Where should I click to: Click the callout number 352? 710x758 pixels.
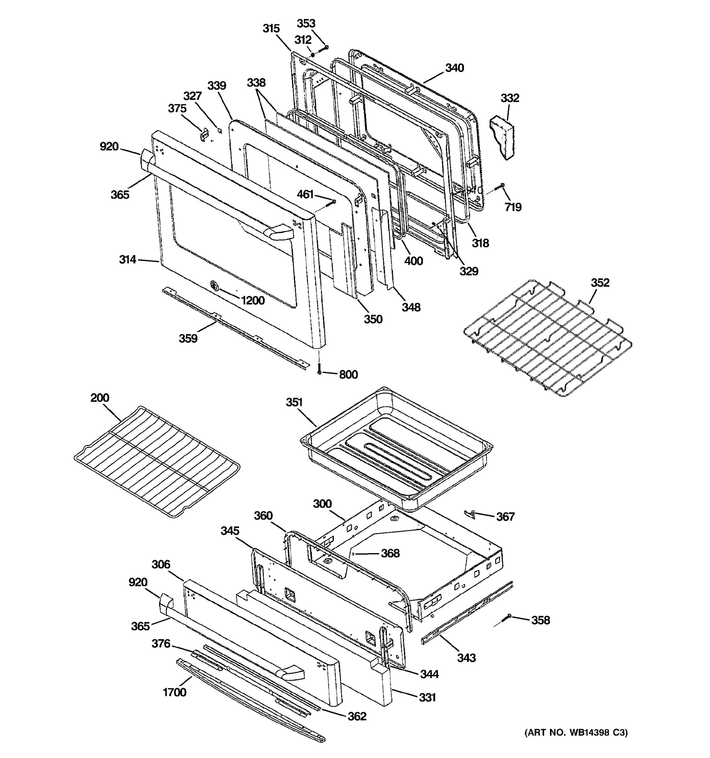point(600,283)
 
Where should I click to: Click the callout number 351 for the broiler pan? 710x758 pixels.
point(294,402)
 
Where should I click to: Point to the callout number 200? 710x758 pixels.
point(100,398)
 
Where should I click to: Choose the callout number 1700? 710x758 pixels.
point(175,692)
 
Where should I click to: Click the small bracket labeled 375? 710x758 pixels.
point(205,134)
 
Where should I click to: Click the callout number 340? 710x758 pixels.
point(454,68)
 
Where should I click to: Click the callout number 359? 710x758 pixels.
point(188,338)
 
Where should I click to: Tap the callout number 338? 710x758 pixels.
point(256,82)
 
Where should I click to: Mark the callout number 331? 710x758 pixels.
point(427,697)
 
